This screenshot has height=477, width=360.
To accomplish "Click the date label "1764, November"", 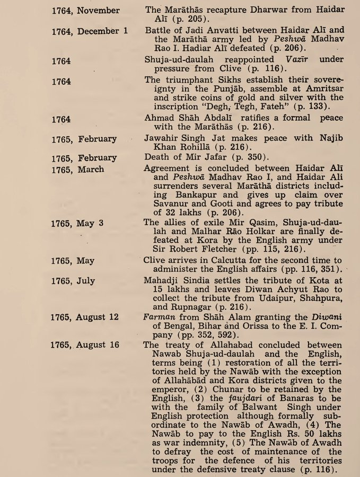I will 86,10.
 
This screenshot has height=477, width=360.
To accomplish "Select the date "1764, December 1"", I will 90,31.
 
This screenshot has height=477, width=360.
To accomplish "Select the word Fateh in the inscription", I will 244,108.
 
